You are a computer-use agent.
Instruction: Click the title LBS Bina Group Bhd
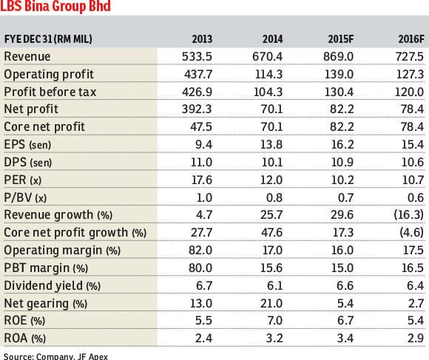(x=55, y=6)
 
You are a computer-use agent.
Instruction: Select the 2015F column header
(x=341, y=39)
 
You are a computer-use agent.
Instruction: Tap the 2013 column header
(x=202, y=39)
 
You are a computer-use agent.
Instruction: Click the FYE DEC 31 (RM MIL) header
(x=48, y=39)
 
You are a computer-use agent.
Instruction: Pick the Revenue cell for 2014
(x=267, y=57)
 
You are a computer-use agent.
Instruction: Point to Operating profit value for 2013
(x=198, y=75)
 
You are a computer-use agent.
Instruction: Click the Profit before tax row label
(x=50, y=92)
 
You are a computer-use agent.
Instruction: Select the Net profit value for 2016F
(x=412, y=109)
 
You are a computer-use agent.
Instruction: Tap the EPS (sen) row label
(x=27, y=144)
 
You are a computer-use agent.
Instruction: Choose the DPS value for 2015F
(x=342, y=163)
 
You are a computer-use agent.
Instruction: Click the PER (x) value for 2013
(x=202, y=180)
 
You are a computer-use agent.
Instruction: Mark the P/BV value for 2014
(x=274, y=197)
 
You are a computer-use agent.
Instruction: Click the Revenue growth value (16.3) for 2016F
(x=409, y=215)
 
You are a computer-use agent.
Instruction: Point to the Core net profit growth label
(x=75, y=233)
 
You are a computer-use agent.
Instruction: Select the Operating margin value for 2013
(x=200, y=251)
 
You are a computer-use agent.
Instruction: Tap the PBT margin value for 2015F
(x=342, y=268)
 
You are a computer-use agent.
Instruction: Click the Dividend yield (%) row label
(x=53, y=286)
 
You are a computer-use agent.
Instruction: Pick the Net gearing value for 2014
(x=271, y=303)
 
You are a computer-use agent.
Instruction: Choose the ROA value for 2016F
(x=416, y=339)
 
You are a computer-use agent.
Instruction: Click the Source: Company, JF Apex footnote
(x=55, y=356)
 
